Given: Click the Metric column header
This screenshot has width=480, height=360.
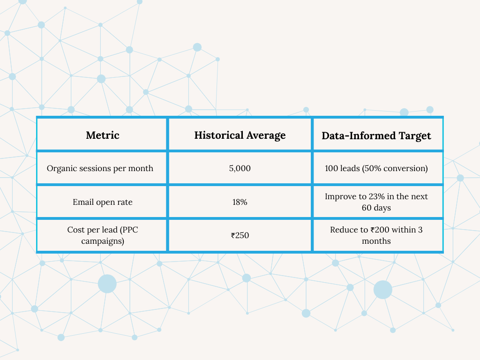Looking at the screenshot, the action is [103, 135].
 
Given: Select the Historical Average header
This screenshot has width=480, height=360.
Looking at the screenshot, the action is [240, 135].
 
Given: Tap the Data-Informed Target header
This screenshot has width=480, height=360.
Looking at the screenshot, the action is [376, 135].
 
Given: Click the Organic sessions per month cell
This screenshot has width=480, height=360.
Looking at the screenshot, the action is [100, 168].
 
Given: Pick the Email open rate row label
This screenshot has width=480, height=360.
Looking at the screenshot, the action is [103, 202].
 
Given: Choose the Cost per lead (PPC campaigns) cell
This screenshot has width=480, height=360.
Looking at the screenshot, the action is [103, 235].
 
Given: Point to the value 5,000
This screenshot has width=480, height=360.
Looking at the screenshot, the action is [240, 168].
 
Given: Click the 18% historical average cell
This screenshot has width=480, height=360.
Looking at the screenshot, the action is [240, 202].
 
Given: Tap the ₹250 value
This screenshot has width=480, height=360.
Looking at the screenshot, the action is [240, 235].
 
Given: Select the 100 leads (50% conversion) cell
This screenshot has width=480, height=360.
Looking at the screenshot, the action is [376, 168].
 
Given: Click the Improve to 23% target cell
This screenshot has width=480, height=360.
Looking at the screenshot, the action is [376, 202].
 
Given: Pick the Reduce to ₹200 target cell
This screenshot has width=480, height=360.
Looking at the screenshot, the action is [376, 235].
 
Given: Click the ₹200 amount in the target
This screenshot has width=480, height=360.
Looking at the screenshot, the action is [380, 230].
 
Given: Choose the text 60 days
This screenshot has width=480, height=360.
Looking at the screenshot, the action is [376, 208].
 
